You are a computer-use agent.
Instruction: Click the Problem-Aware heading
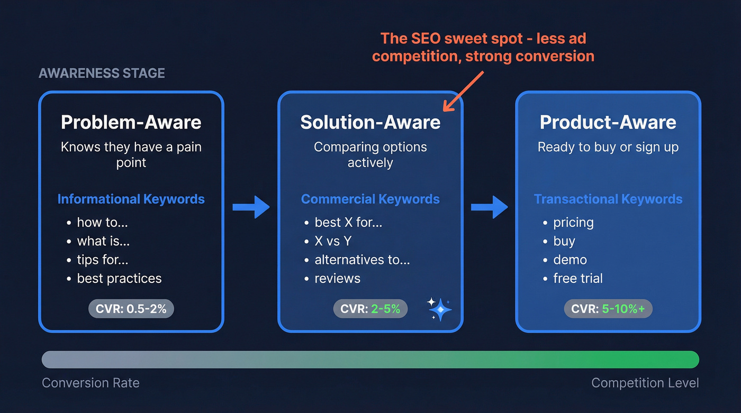coord(131,122)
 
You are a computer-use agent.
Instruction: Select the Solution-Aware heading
coord(370,122)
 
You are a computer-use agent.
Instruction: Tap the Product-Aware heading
coord(608,122)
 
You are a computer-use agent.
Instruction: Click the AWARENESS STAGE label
coord(102,73)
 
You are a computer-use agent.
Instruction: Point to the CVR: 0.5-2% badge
coord(131,309)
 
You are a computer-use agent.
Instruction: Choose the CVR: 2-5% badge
coord(370,309)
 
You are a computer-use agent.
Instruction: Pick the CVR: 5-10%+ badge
coord(608,309)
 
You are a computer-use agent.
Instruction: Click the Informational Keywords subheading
coord(131,199)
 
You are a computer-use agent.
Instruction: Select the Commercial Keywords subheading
coord(370,199)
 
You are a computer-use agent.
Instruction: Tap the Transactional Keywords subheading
coord(608,199)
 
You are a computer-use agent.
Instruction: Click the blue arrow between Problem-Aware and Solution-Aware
coord(251,207)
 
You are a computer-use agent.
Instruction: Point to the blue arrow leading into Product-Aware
coord(490,207)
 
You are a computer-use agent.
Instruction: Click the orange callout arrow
coord(463,91)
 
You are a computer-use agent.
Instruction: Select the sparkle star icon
coord(440,309)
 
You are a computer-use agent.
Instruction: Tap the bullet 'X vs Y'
coord(332,241)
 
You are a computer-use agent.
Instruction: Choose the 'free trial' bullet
coord(577,279)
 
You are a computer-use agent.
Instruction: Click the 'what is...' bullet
coord(103,241)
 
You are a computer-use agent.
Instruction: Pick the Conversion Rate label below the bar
coord(91,383)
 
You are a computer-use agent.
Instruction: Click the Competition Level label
coord(645,383)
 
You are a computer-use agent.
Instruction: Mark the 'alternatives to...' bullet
coord(362,260)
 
